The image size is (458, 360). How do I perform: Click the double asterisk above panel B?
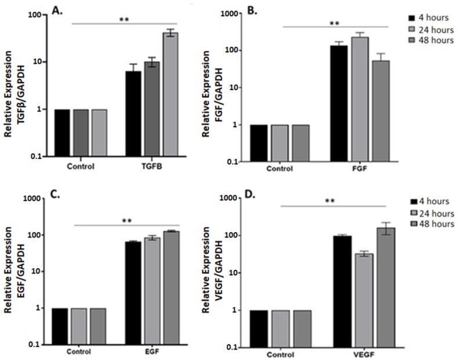(x=334, y=23)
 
